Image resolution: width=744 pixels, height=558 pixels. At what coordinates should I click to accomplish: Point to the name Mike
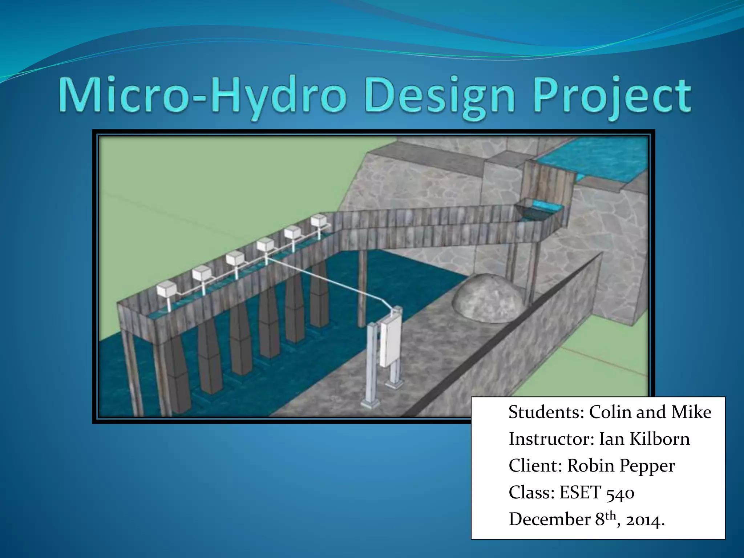[691, 412]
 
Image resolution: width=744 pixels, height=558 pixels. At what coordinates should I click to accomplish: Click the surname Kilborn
[659, 439]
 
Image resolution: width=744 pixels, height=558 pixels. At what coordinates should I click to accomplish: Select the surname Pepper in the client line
[647, 466]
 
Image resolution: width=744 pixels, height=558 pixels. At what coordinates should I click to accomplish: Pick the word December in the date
[549, 519]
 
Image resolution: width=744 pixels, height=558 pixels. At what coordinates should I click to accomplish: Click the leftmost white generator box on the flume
[166, 291]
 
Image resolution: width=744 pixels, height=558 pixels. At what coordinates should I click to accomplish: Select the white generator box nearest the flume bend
[319, 221]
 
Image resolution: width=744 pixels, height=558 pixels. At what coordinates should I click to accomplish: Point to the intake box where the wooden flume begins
[538, 213]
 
